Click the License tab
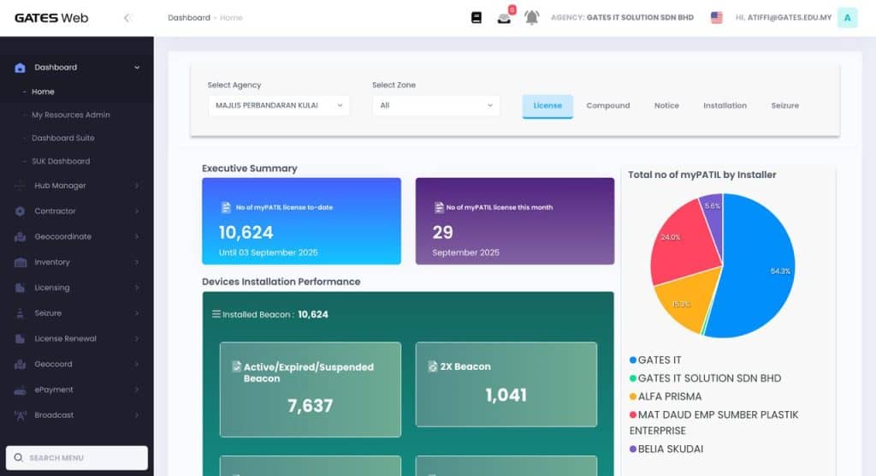(547, 106)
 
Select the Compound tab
(607, 106)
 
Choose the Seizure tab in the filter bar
(784, 106)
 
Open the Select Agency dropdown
(278, 105)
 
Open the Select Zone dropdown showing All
(436, 105)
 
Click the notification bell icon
(532, 18)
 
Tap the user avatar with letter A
(847, 17)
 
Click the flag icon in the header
(717, 17)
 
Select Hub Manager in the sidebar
(60, 186)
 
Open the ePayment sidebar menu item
(54, 390)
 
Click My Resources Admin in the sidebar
(71, 115)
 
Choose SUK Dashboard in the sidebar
(61, 161)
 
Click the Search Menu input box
(77, 458)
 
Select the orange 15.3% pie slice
(684, 300)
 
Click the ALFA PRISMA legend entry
(670, 396)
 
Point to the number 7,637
(311, 406)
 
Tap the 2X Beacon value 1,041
(506, 395)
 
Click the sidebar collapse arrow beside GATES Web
(127, 18)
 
